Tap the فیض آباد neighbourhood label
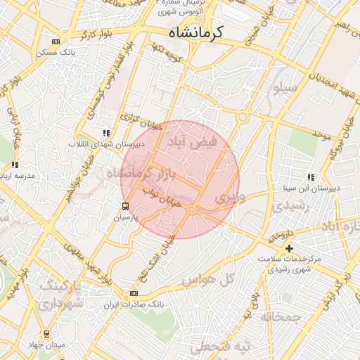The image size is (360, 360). pos(191,141)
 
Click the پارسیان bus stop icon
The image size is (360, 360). pos(125,206)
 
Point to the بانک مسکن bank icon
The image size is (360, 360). pos(56,42)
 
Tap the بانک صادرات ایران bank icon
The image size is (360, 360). pos(134,293)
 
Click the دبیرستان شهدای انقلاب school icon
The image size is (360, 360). pos(105,132)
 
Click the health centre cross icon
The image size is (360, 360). pos(289,248)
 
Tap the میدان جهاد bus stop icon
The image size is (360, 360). pos(47,333)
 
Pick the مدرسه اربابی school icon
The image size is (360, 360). pos(15,165)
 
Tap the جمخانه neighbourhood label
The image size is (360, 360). pos(281,317)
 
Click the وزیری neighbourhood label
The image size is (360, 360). pos(232,198)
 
